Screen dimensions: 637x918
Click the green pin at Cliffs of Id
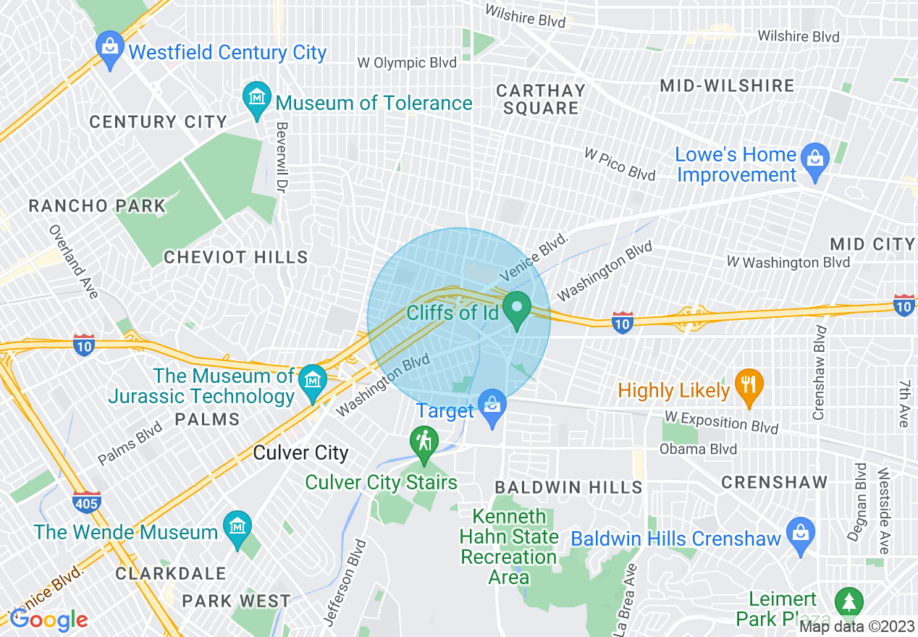pos(517,307)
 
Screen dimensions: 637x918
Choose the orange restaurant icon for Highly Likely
pos(749,384)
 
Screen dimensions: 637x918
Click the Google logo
pos(49,620)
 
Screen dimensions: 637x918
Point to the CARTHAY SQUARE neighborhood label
pos(541,99)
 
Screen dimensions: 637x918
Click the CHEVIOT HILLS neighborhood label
pos(236,257)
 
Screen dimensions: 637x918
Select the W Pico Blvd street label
pos(620,164)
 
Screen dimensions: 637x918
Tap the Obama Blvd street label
pos(698,450)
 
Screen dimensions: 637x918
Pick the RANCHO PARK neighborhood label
pos(97,206)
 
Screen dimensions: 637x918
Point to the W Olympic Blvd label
pos(407,63)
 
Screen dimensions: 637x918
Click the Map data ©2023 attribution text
pos(857,627)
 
